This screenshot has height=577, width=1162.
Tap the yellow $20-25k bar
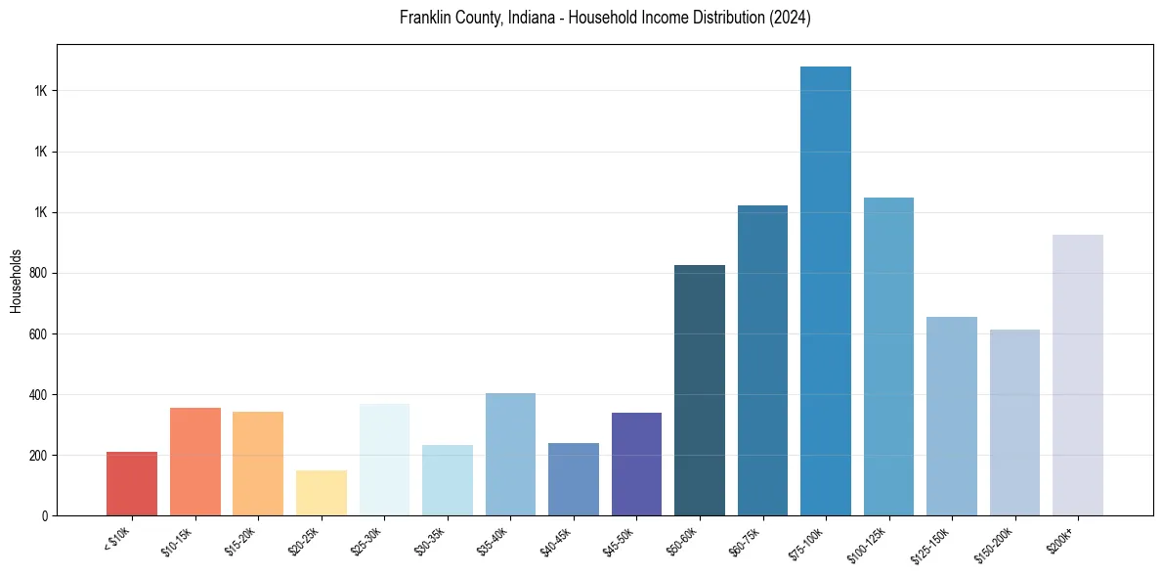(322, 493)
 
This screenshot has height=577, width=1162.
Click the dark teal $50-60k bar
(700, 390)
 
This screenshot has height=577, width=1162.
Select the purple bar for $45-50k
(636, 464)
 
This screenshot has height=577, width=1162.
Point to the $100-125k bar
(888, 356)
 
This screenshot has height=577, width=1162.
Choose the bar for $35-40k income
(510, 454)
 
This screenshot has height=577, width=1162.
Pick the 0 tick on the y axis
(45, 516)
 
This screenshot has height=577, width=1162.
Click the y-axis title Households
(16, 281)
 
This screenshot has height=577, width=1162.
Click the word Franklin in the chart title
(423, 19)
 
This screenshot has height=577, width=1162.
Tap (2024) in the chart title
(791, 19)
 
